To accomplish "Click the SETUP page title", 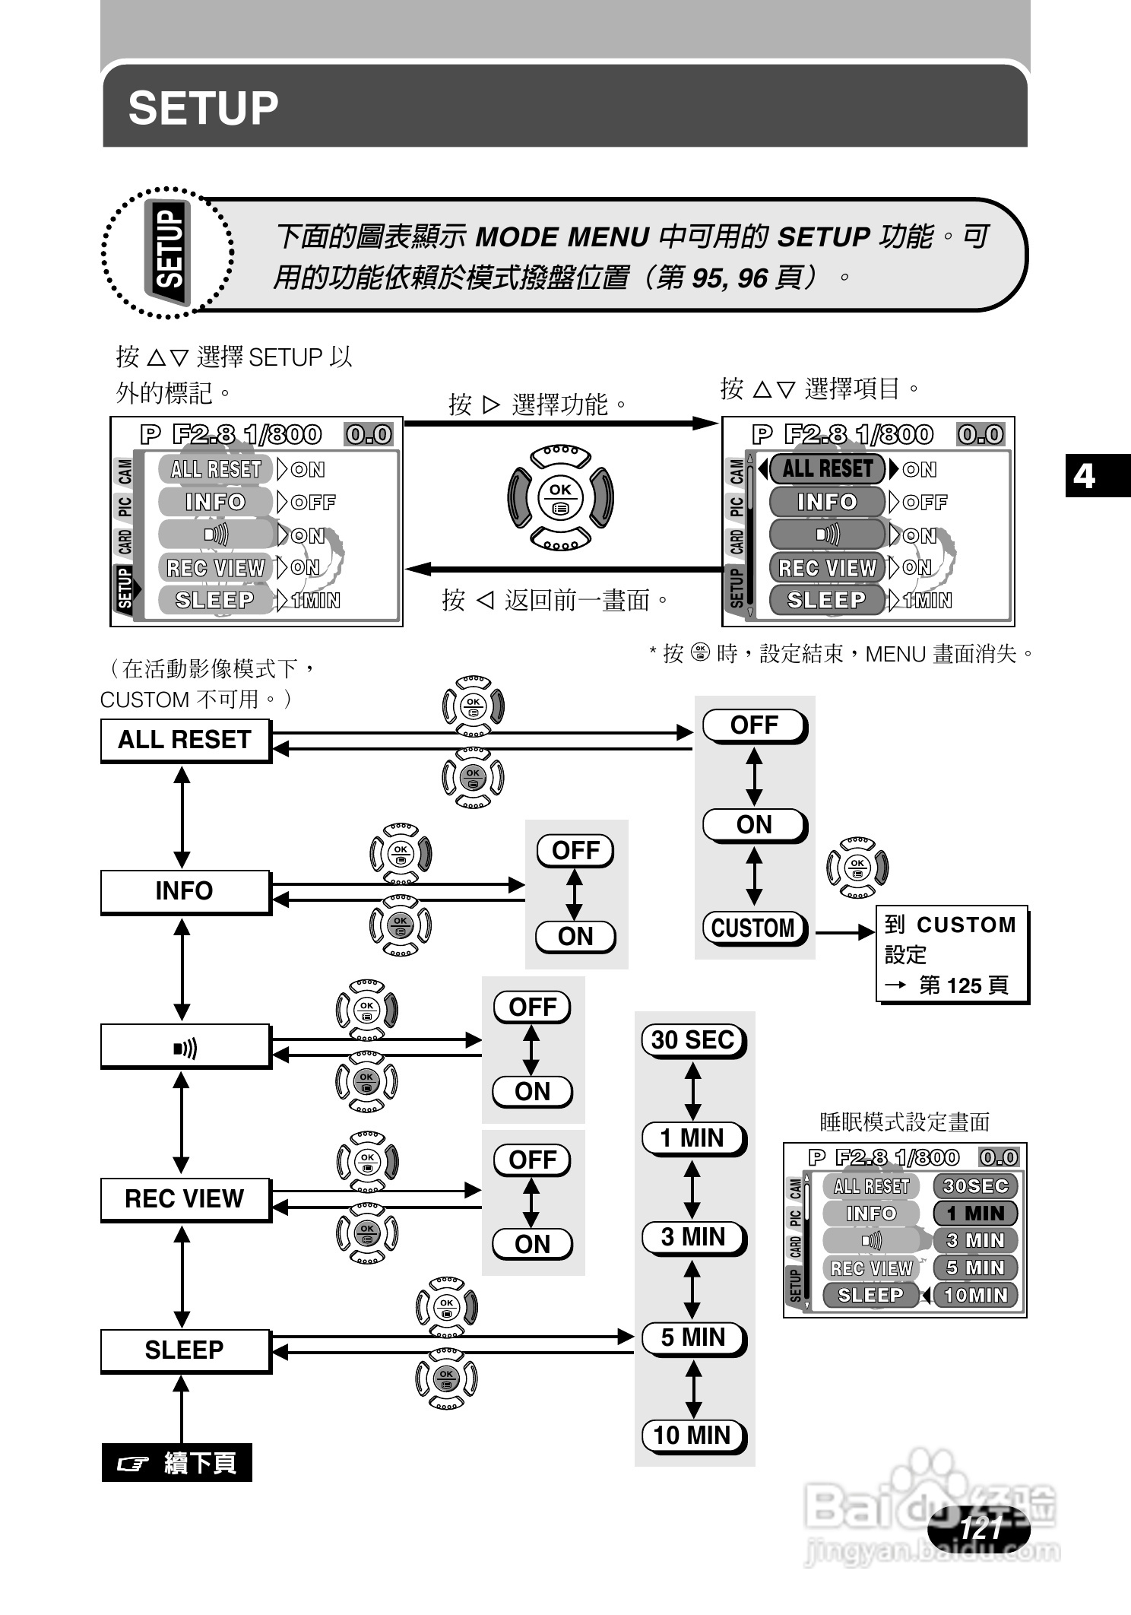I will (x=203, y=108).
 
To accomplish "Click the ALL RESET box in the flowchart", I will (x=185, y=740).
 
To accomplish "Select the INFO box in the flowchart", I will (x=185, y=890).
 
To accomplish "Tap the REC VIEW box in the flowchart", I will (x=185, y=1198).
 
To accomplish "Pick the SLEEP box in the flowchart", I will (x=185, y=1350).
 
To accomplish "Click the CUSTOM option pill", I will (x=753, y=928).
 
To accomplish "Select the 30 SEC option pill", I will (x=693, y=1039).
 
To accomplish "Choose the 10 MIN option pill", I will (x=693, y=1435).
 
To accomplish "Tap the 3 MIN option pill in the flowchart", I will (x=693, y=1237).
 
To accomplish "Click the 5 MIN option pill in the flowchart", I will (x=693, y=1337).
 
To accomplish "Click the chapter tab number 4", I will (x=1084, y=476).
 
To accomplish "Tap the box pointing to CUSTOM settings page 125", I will (x=952, y=954).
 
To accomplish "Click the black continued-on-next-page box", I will (x=177, y=1462).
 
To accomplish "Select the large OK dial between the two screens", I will (x=561, y=498).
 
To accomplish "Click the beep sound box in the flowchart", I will (x=185, y=1048).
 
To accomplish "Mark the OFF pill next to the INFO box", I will (x=575, y=850).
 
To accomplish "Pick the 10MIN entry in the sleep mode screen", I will (x=975, y=1295).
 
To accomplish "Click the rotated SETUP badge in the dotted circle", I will (x=169, y=250).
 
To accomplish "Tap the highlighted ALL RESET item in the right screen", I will (x=827, y=468).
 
